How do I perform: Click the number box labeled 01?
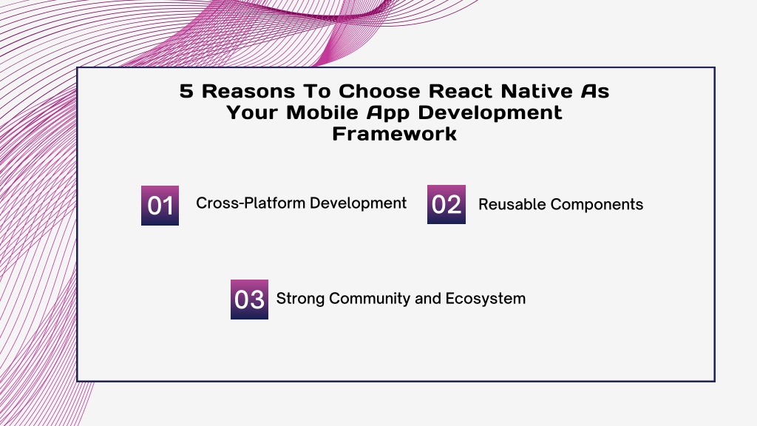[160, 206]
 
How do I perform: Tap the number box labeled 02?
[446, 204]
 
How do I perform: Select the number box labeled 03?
[249, 299]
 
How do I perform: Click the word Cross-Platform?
[251, 203]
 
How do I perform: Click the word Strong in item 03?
[300, 299]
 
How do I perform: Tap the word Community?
[370, 299]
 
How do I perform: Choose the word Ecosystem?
[485, 299]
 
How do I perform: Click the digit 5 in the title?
[186, 91]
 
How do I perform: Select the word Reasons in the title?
[248, 91]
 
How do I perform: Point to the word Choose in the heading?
[380, 91]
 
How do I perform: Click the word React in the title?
[461, 91]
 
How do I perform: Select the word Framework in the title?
[395, 134]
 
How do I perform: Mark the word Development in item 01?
[358, 203]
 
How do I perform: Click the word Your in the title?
[252, 112]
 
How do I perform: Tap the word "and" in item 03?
[428, 299]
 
